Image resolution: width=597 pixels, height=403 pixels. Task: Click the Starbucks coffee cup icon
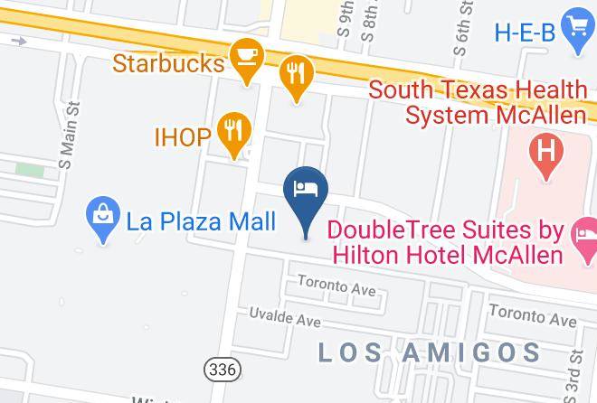245,57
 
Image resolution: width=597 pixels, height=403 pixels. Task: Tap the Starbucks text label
168,64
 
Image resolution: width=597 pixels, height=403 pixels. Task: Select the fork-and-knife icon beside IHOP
234,130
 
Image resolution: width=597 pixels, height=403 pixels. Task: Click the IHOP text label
182,137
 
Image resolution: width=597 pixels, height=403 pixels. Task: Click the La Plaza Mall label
200,220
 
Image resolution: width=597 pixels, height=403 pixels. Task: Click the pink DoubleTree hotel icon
583,238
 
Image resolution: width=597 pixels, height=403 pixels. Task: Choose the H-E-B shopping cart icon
576,27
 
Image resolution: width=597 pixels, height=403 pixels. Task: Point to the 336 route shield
222,369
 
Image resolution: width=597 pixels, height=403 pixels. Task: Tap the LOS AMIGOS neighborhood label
430,351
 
